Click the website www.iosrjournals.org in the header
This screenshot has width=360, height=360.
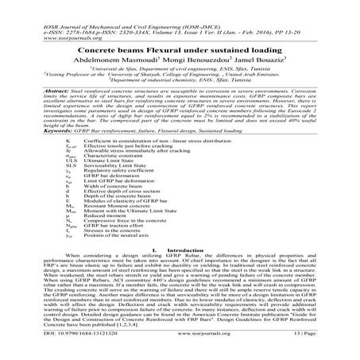[x=41, y=22]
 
